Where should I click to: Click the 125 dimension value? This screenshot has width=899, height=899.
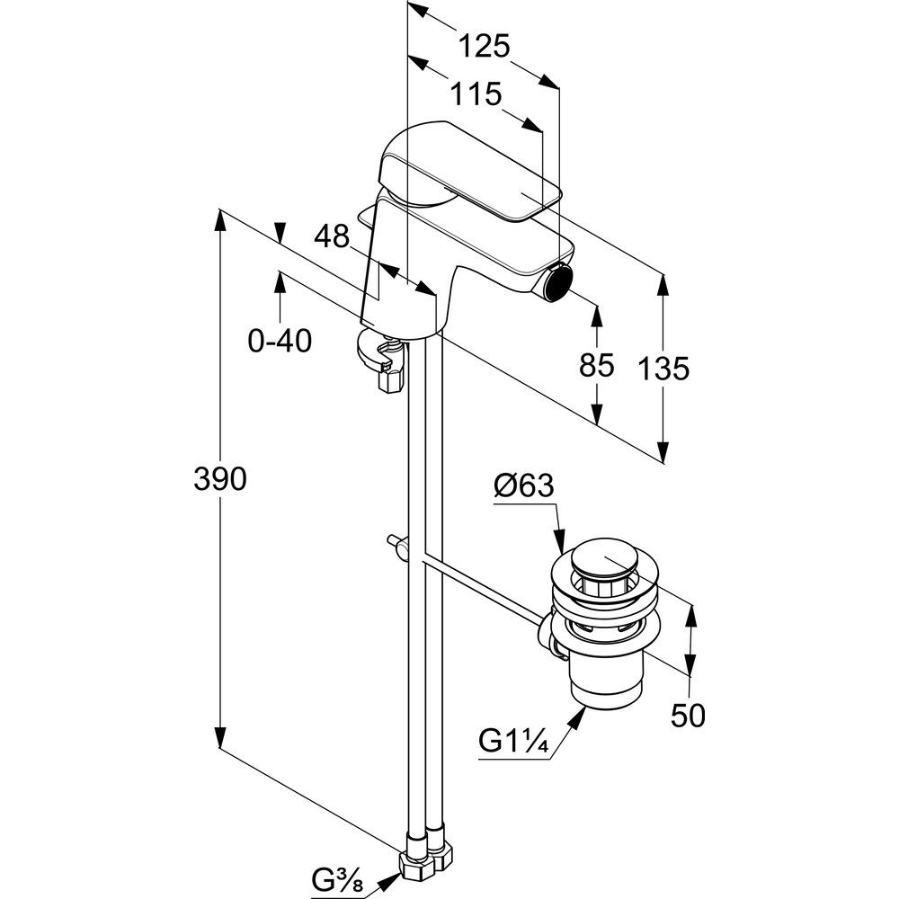point(485,45)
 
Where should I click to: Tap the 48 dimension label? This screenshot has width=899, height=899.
point(332,236)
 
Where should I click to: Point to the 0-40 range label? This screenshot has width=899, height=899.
point(280,341)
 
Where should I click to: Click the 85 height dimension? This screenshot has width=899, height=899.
point(595,364)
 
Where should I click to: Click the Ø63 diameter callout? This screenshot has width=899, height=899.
point(523,486)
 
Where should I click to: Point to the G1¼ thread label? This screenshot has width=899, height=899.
point(513,742)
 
